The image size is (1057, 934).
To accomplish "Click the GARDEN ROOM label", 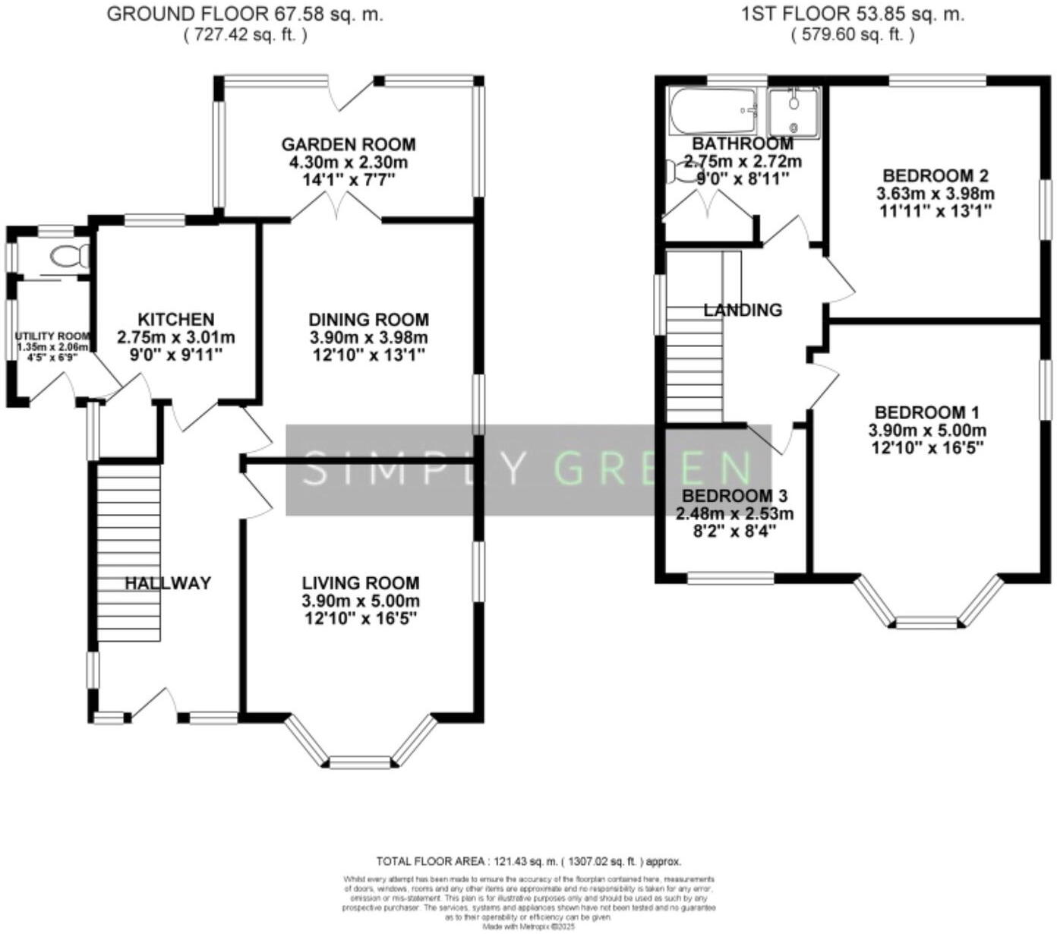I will click(349, 144).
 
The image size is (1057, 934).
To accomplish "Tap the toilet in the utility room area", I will click(69, 255).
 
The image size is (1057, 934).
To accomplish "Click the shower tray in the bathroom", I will click(794, 113).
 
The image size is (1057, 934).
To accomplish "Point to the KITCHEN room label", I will click(175, 320).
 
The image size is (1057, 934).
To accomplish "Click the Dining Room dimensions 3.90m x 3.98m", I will click(368, 338).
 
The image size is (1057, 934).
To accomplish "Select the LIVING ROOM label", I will click(361, 583).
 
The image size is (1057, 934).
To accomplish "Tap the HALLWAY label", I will click(168, 583).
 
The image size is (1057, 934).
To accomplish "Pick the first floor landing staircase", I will click(695, 364).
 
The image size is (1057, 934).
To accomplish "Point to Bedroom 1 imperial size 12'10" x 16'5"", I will click(927, 448).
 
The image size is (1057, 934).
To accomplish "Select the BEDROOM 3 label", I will click(734, 496).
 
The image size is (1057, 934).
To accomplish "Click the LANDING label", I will click(742, 310).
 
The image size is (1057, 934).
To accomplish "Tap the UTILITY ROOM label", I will click(52, 336).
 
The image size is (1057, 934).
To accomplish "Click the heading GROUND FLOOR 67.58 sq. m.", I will click(245, 14).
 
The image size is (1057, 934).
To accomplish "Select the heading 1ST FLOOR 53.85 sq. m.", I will click(852, 14).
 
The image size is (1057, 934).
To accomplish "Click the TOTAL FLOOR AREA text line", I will click(528, 861).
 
